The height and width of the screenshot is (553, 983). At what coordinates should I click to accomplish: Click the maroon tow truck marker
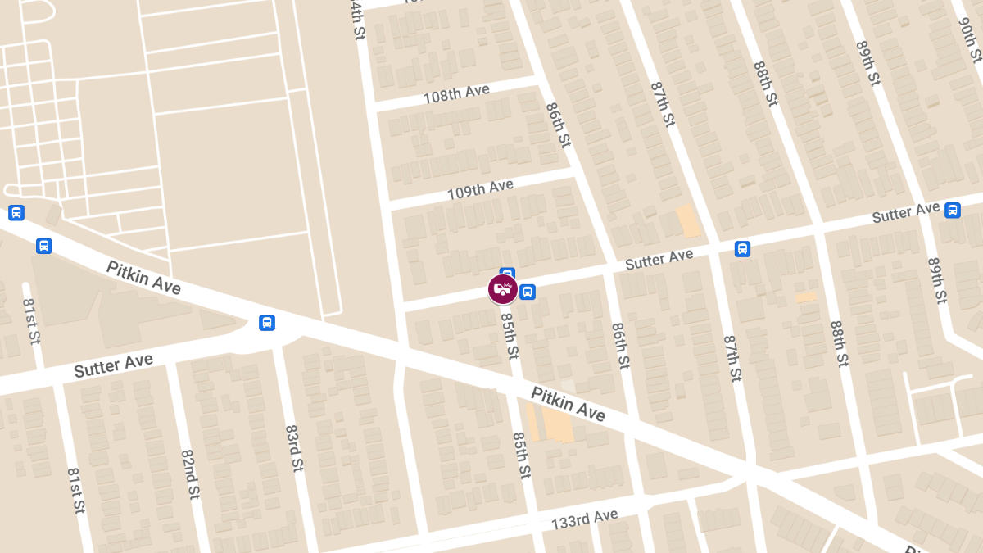[503, 289]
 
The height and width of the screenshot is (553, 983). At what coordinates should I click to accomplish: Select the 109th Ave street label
[480, 190]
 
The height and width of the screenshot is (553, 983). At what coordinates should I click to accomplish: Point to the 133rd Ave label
[584, 519]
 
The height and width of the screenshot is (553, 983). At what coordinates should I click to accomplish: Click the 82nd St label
[190, 474]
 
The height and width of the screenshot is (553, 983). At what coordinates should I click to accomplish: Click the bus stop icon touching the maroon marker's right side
[528, 292]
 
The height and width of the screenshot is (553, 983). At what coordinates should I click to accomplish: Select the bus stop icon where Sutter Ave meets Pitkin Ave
[267, 323]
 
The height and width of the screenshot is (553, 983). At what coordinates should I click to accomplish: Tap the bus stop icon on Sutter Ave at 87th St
[742, 248]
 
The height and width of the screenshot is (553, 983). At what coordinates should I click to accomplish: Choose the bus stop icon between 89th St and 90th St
[953, 211]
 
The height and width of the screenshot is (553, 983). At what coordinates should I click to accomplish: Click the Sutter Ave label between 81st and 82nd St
[113, 365]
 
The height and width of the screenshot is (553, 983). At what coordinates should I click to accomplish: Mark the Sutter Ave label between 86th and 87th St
[659, 260]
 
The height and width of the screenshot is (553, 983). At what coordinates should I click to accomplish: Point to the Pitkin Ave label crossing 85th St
[568, 404]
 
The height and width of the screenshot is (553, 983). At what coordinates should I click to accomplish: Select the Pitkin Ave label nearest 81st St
[143, 277]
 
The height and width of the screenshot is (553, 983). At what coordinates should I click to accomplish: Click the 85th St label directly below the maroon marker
[510, 335]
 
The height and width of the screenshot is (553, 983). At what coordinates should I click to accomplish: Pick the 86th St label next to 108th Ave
[558, 124]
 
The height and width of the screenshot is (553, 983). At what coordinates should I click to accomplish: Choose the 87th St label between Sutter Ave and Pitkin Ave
[732, 357]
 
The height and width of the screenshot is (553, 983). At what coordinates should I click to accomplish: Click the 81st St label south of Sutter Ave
[76, 491]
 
